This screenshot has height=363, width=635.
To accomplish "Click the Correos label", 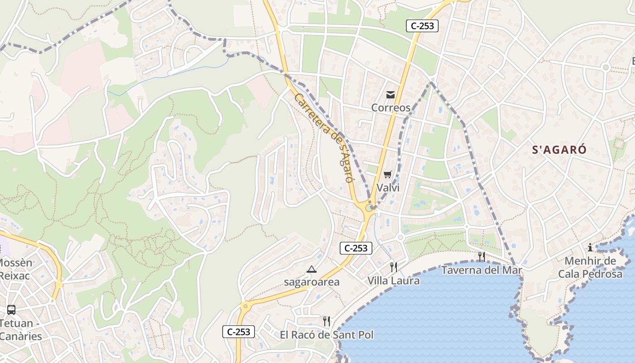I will (x=391, y=108).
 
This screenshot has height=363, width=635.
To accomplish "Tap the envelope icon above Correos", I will (x=390, y=95).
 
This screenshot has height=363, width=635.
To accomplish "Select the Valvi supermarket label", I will (x=388, y=187).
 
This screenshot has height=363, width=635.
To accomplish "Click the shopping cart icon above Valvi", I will (x=387, y=175).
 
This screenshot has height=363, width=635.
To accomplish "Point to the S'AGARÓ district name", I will (x=559, y=150).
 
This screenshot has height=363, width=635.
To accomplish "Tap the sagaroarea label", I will (x=312, y=282).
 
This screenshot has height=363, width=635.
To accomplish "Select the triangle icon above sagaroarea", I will (x=311, y=270).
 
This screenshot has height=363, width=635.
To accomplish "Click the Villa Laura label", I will (x=393, y=281).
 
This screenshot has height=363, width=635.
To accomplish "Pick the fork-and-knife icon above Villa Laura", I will (x=393, y=267).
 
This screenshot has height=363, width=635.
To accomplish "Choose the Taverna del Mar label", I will (x=482, y=270).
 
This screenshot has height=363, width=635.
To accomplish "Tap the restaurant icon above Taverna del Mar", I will (x=481, y=257).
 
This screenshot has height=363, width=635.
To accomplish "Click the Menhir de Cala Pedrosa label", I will (x=590, y=267).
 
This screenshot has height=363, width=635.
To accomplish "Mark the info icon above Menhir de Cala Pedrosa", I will (x=590, y=247).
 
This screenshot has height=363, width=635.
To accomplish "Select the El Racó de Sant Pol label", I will (x=327, y=335).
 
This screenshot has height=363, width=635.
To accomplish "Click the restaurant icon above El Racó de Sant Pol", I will (x=326, y=321).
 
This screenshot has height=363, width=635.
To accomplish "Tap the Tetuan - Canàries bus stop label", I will (x=18, y=330).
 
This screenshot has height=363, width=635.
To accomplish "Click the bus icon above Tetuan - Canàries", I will (x=11, y=310).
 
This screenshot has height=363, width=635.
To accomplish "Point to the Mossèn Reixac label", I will (x=15, y=269).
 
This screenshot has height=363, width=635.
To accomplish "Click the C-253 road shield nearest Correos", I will (x=422, y=26).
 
